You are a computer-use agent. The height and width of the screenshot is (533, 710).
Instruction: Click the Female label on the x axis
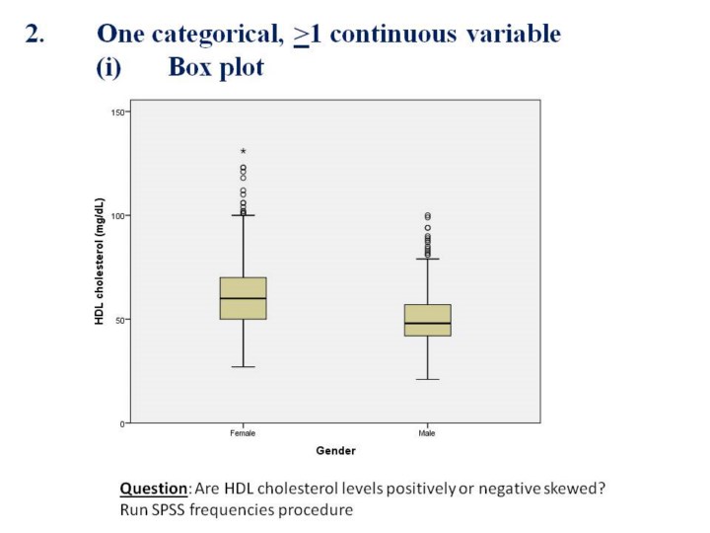click(243, 433)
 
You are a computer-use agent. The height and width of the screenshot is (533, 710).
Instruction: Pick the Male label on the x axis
click(427, 433)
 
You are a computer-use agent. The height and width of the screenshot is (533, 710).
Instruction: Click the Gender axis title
click(335, 451)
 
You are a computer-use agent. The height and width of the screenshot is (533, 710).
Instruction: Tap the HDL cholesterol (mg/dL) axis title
click(100, 262)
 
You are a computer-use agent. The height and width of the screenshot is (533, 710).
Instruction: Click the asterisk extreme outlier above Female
click(243, 152)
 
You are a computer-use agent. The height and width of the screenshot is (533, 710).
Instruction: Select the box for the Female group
click(243, 298)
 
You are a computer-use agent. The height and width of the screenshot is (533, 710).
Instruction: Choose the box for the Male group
click(427, 320)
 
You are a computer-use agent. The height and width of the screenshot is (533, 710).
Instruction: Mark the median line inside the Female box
click(243, 298)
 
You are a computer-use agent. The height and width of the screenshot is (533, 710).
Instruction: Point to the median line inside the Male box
click(427, 323)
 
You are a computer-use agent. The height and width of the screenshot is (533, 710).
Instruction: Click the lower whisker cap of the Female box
click(243, 367)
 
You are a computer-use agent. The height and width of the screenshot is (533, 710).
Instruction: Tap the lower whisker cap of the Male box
click(427, 379)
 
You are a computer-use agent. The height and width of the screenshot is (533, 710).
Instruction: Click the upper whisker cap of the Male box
click(427, 259)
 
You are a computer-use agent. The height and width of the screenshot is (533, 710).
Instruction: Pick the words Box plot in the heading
click(216, 68)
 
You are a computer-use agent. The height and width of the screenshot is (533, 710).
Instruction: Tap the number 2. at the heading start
click(35, 35)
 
